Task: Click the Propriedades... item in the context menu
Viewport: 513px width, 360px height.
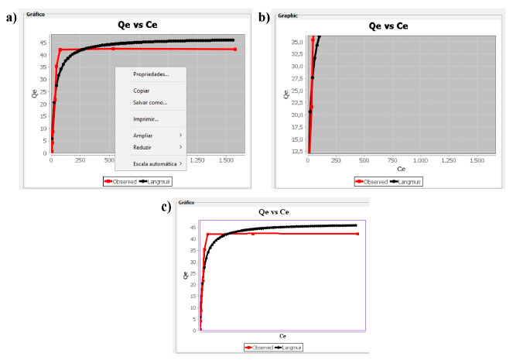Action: [151, 74]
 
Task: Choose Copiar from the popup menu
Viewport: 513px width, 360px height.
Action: [142, 91]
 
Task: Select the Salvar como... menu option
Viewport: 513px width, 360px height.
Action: [150, 102]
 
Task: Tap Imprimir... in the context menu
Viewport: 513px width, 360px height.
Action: [145, 119]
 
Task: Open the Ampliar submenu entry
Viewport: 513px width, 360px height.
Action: [143, 135]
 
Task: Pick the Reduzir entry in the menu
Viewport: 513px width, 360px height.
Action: [143, 146]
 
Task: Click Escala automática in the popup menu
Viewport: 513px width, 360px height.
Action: [156, 163]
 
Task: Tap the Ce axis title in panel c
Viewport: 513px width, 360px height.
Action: [282, 335]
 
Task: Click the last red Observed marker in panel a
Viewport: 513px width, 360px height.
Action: [234, 49]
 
